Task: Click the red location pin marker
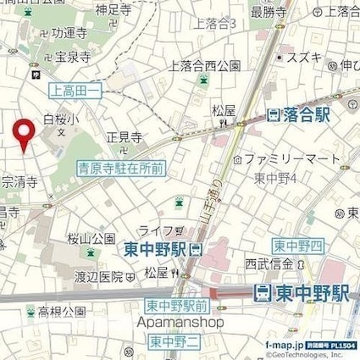tap(25, 133)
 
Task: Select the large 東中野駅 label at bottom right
tap(302, 293)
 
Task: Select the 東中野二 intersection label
tap(174, 341)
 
